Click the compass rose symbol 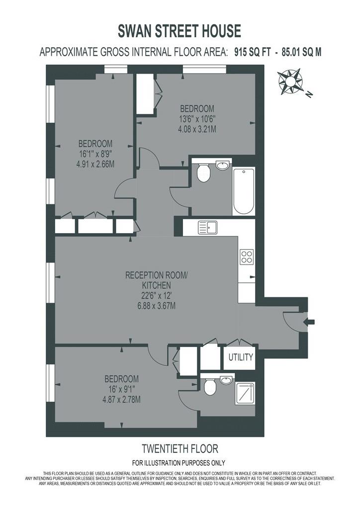pyautogui.click(x=290, y=82)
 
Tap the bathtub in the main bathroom pyautogui.click(x=244, y=191)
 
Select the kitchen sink pyautogui.click(x=207, y=228)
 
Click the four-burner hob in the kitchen pyautogui.click(x=247, y=256)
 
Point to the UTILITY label pyautogui.click(x=241, y=357)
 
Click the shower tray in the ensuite pyautogui.click(x=245, y=394)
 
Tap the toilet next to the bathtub pyautogui.click(x=204, y=172)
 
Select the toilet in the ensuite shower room pyautogui.click(x=210, y=387)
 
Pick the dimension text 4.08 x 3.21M pyautogui.click(x=197, y=129)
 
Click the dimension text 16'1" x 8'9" pyautogui.click(x=95, y=154)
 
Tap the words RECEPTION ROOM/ pyautogui.click(x=157, y=275)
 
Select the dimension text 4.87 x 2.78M pyautogui.click(x=121, y=399)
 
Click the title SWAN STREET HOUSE pyautogui.click(x=179, y=31)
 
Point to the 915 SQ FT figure pyautogui.click(x=252, y=52)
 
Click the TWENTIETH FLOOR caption pyautogui.click(x=180, y=449)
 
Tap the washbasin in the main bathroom pyautogui.click(x=223, y=166)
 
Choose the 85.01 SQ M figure pyautogui.click(x=301, y=52)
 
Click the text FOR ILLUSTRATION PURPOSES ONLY pyautogui.click(x=179, y=463)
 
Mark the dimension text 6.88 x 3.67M pyautogui.click(x=157, y=306)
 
